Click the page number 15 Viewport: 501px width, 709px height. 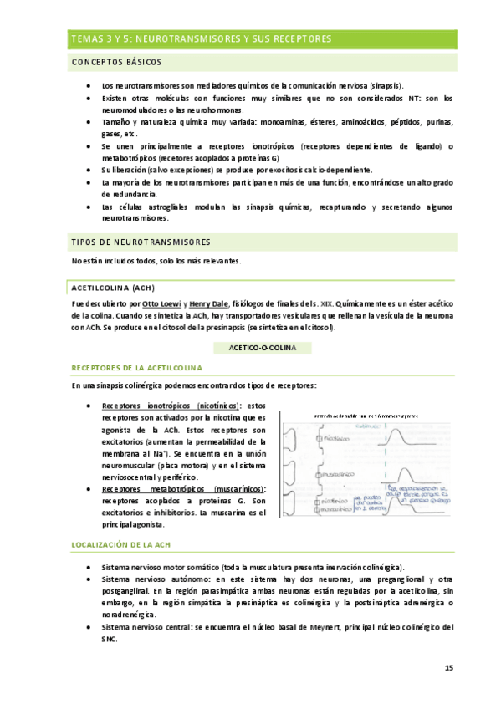coord(448,667)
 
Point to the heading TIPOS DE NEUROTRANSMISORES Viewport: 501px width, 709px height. coord(141,242)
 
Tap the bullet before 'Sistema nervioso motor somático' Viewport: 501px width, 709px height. coord(89,567)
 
